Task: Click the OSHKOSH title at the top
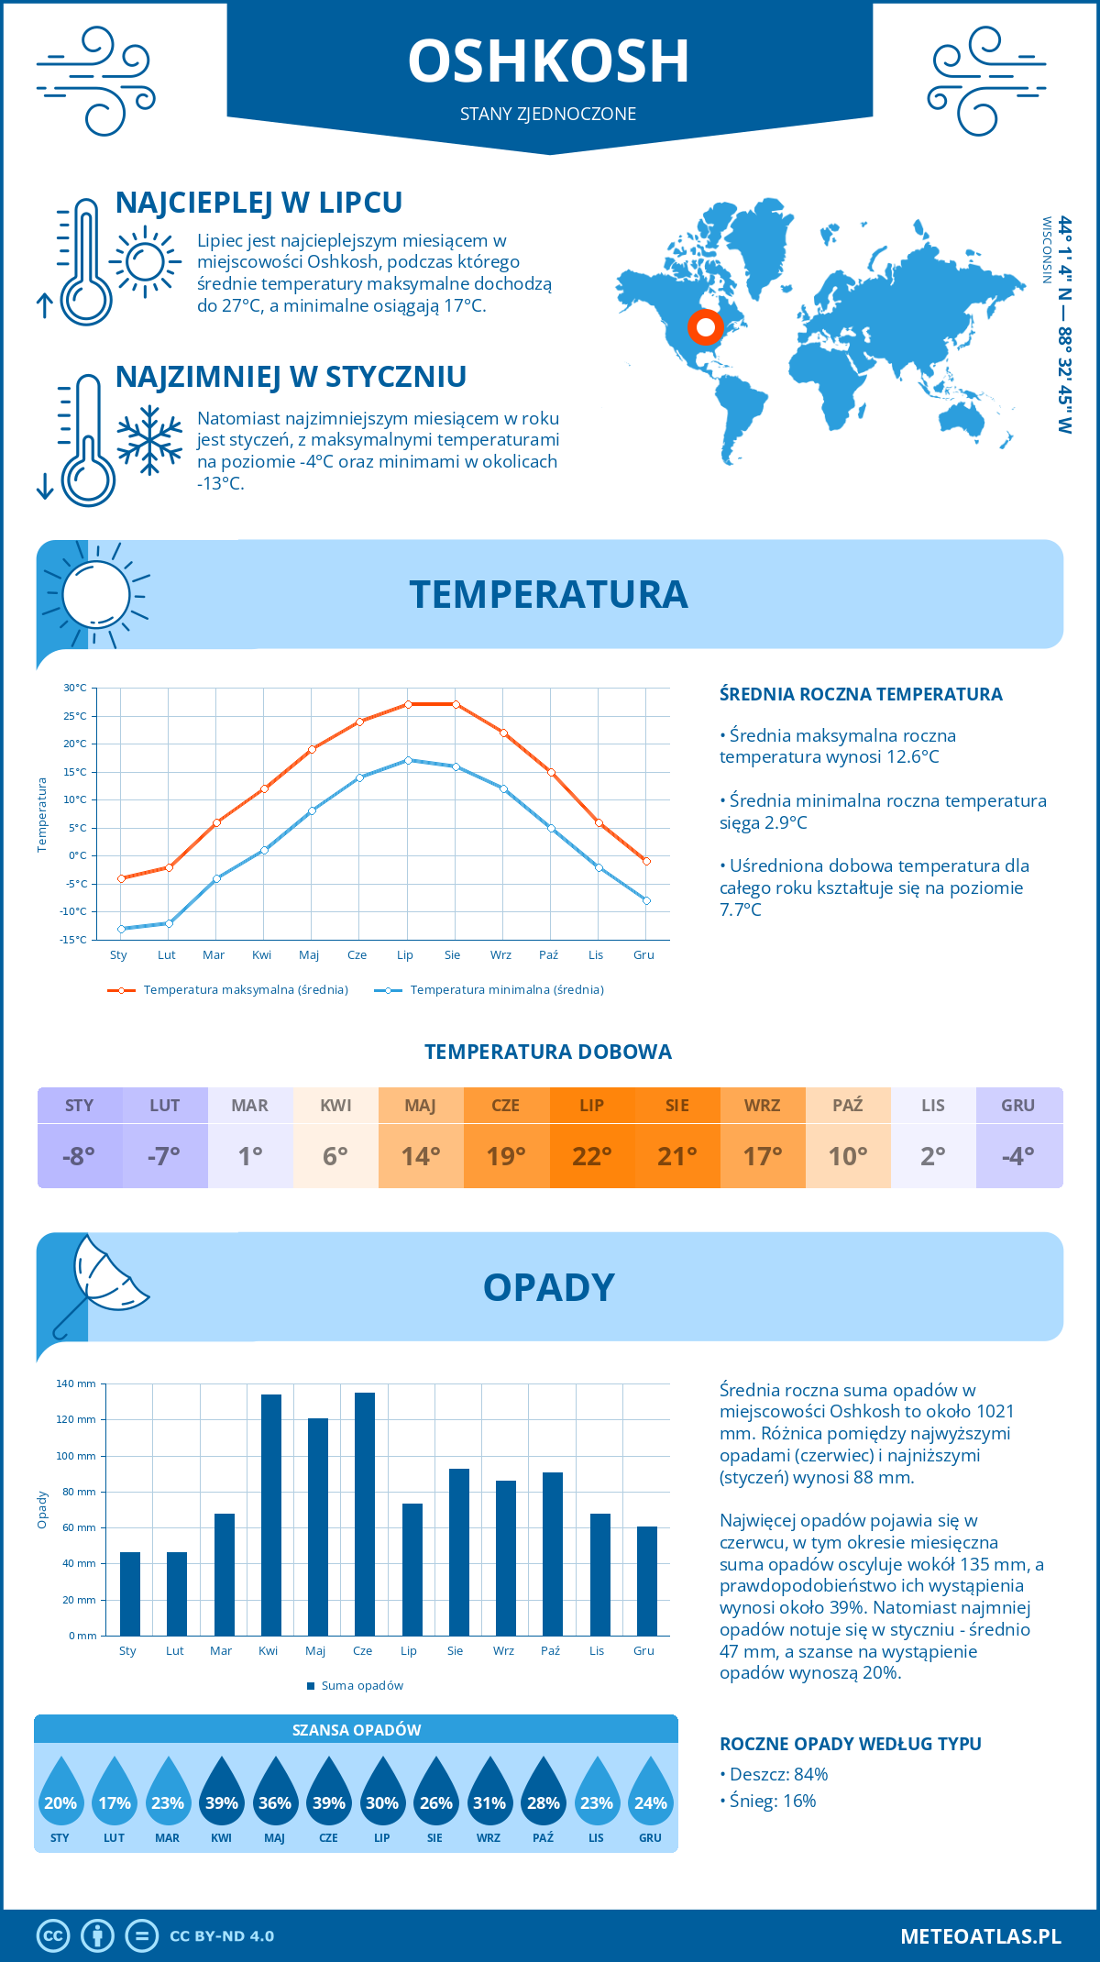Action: [548, 61]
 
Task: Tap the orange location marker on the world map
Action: [705, 326]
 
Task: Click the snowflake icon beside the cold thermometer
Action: [149, 440]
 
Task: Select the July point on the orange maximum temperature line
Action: [408, 704]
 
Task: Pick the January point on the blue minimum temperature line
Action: [121, 929]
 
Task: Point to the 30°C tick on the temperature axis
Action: [75, 688]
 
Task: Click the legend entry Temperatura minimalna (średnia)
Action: [490, 990]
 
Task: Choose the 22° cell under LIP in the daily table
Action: [591, 1156]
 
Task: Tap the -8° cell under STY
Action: [79, 1156]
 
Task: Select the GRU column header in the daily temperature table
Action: [1018, 1106]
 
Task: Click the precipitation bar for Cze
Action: [365, 1514]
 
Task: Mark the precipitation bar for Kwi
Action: [271, 1515]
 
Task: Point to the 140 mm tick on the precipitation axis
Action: [77, 1383]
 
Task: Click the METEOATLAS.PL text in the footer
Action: [980, 1936]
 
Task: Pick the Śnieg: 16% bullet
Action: [768, 1802]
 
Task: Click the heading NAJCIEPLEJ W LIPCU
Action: [259, 203]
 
